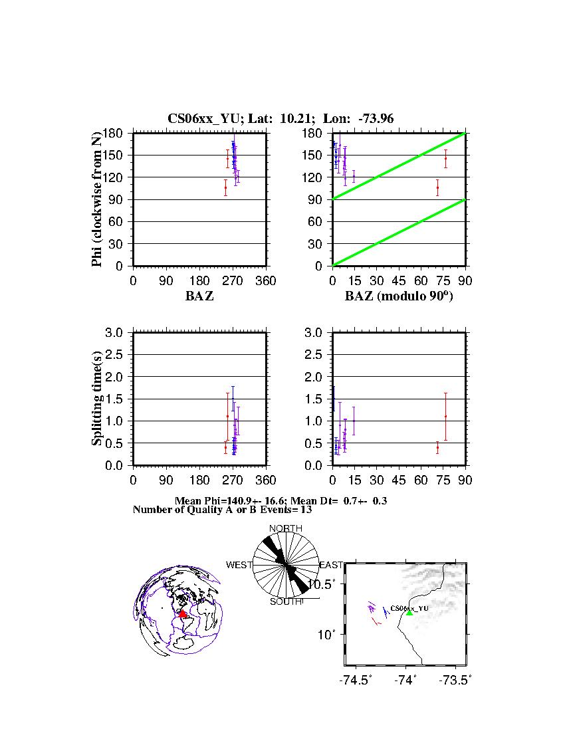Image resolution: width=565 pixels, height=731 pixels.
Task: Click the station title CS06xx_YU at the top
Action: (206, 119)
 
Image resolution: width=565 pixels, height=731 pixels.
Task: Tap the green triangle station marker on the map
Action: (409, 612)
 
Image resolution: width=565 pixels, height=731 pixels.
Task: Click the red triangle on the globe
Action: (183, 613)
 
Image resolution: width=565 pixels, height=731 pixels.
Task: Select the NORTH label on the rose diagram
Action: (285, 529)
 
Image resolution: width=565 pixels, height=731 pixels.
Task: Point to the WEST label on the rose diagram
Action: (239, 565)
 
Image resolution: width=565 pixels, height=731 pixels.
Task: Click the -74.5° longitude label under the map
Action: (356, 680)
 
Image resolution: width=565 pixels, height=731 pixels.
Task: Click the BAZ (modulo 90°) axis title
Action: (398, 296)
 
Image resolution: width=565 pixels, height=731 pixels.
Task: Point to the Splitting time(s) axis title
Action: (97, 399)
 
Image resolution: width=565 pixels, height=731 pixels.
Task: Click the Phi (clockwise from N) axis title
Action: (97, 199)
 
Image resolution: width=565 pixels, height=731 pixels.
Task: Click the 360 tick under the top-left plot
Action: (266, 280)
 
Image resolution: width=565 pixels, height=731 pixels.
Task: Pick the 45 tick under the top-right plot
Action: (398, 280)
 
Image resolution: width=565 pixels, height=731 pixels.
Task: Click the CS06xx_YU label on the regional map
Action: (409, 608)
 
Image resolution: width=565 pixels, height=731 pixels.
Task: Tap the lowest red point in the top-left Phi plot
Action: (225, 187)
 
